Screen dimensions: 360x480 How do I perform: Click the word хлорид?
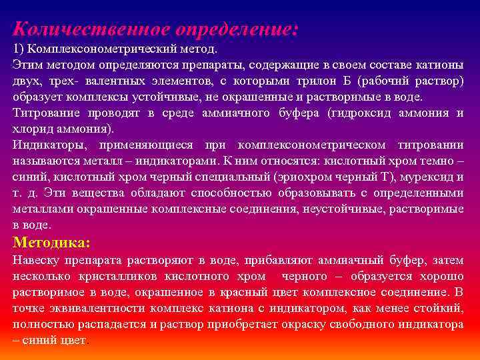(x=31, y=129)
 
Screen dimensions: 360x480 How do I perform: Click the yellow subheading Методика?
(x=51, y=243)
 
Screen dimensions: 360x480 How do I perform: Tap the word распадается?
(x=118, y=324)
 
